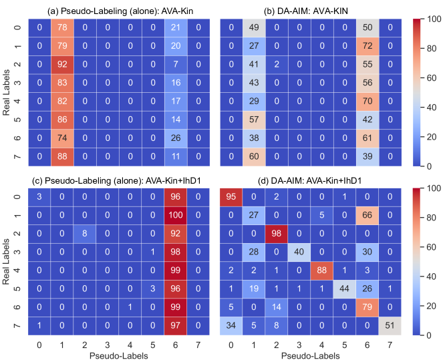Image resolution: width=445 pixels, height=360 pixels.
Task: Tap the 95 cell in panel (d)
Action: click(231, 198)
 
